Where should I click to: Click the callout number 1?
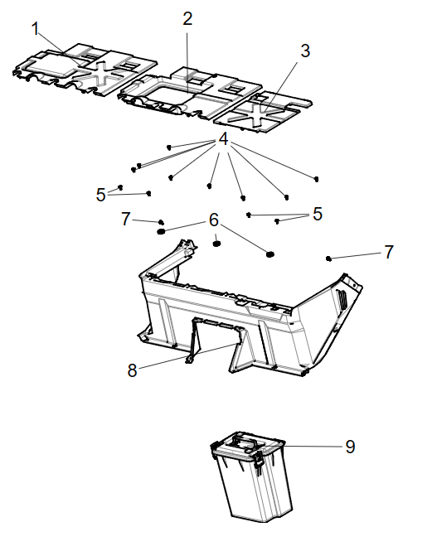pos(36,28)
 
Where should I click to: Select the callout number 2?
pos(187,18)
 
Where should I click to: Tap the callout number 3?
pos(305,51)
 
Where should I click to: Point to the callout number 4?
pos(223,139)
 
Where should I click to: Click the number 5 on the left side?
pos(101,195)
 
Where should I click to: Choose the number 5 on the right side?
pos(317,215)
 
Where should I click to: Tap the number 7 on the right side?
pos(389,253)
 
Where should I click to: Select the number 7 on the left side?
pos(126,219)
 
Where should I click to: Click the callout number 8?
pos(132,370)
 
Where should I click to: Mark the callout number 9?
pos(350,447)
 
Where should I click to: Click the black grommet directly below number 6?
pos(217,243)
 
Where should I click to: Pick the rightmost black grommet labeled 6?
pos(269,253)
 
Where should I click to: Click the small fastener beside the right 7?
pos(329,259)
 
